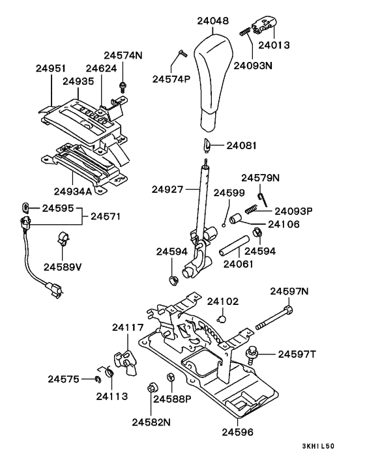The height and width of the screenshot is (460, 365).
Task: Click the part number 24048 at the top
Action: coord(212,22)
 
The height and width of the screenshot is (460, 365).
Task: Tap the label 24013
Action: coord(274,46)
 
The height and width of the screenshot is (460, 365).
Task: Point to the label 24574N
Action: coord(123,55)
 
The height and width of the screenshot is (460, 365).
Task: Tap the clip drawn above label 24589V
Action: coord(64,238)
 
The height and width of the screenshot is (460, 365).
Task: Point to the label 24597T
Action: coord(297,354)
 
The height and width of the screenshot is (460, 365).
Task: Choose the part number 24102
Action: coord(223,302)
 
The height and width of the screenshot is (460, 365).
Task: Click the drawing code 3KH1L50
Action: coord(317,447)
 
